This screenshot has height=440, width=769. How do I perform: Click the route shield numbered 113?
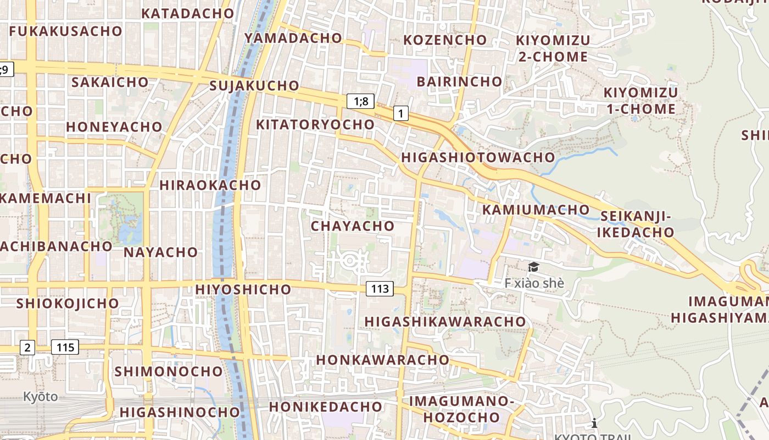coord(380,288)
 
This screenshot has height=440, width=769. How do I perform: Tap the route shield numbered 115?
coord(65,347)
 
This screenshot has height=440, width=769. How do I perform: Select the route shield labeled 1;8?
coord(360,101)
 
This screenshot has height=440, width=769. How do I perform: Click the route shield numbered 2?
coord(27,347)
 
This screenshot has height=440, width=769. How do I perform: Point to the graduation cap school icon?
coord(533,267)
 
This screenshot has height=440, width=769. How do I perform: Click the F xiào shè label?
coord(534,283)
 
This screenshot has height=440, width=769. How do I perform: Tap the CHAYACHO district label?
coord(353,226)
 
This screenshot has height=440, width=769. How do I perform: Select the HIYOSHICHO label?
coord(243,289)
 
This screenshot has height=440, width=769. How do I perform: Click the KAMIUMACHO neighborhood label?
coord(536,210)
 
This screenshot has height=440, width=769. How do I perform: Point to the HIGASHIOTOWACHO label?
coord(478,157)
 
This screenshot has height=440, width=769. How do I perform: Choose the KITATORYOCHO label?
coord(315,124)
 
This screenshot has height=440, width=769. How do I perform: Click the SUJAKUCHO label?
coord(254,86)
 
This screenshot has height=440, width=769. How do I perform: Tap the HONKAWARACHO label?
coord(382,360)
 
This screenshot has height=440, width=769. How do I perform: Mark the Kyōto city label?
coord(40,397)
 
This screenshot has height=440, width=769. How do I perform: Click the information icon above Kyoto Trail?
coord(594,423)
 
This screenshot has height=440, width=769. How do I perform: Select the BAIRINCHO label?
coord(459,81)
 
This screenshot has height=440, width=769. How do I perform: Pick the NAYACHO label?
coord(160,252)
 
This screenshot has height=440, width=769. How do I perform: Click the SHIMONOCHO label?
coord(168,371)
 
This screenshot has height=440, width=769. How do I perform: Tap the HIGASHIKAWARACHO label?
coord(445,321)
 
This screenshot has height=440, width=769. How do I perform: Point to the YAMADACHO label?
coord(293,38)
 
